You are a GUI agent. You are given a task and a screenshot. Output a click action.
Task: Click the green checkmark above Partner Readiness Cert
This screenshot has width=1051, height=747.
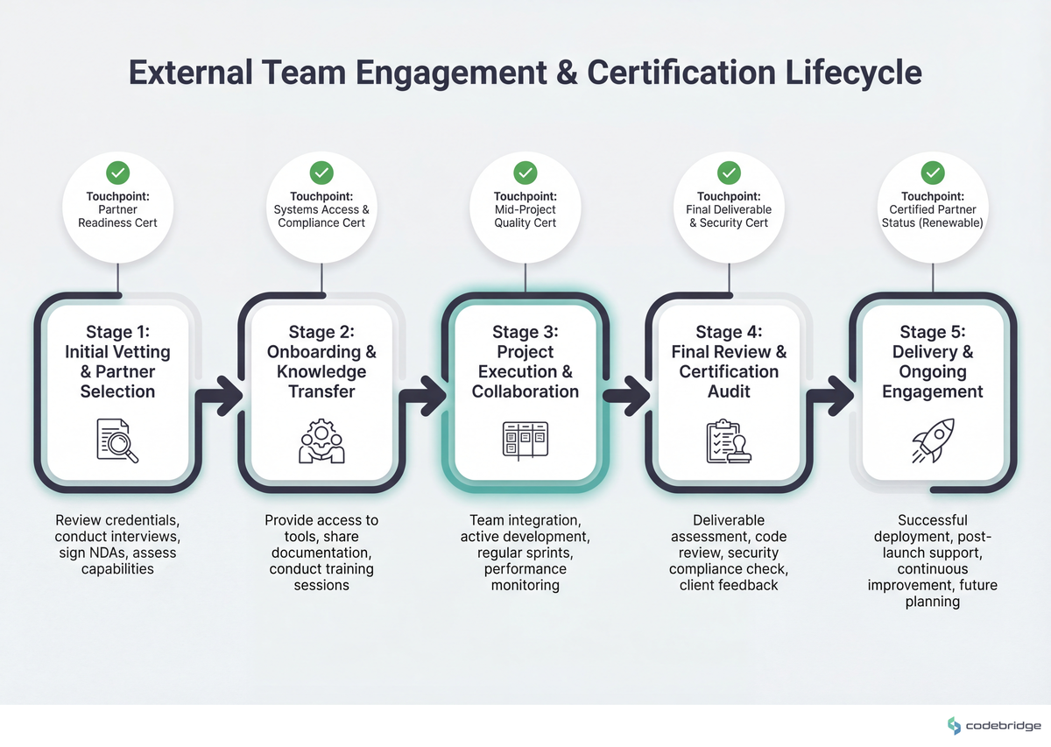click(x=118, y=172)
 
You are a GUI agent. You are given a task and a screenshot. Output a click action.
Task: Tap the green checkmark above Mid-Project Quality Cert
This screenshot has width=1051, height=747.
click(x=525, y=172)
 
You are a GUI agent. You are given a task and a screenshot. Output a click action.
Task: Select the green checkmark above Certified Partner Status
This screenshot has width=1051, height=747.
click(x=934, y=172)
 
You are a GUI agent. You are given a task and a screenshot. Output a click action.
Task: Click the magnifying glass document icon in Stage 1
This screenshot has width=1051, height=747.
click(x=117, y=440)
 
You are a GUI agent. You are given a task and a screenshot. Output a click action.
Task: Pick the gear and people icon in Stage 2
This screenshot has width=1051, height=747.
click(x=321, y=440)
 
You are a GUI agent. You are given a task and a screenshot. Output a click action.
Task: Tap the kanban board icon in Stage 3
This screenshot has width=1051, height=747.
click(x=525, y=440)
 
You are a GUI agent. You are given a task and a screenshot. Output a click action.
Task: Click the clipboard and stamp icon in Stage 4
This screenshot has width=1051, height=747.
click(x=729, y=440)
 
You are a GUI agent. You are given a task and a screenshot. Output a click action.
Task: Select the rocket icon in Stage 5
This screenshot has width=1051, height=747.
click(x=933, y=440)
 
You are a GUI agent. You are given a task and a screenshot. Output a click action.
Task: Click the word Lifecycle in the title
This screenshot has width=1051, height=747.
click(x=840, y=72)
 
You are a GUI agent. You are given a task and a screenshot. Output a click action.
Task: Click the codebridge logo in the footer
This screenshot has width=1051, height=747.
click(x=994, y=725)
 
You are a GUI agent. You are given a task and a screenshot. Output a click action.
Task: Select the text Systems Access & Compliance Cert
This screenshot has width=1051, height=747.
click(x=321, y=216)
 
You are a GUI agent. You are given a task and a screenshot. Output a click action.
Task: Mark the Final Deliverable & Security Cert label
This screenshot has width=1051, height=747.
click(x=729, y=216)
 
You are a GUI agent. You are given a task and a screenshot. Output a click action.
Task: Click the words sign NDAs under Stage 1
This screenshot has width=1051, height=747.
click(x=86, y=553)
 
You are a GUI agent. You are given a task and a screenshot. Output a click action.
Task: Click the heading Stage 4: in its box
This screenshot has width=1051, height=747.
click(x=729, y=332)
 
